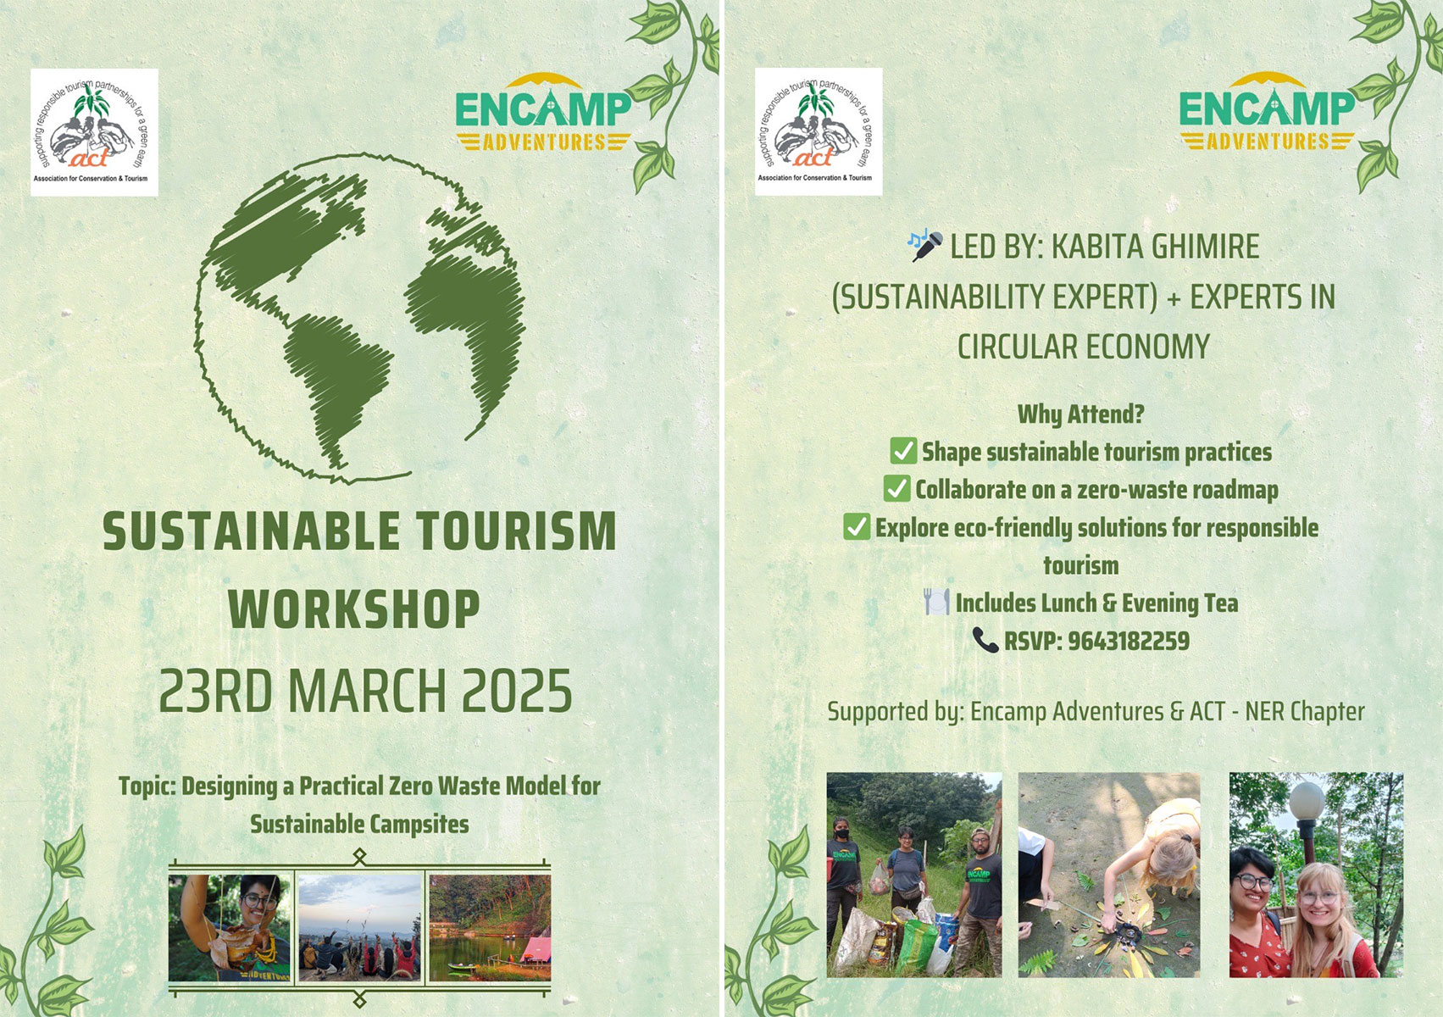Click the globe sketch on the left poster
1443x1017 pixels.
point(360,318)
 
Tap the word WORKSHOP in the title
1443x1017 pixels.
point(354,609)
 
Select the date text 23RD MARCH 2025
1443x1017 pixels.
point(365,691)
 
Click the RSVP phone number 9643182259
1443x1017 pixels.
point(1128,641)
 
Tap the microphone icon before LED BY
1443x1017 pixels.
point(925,244)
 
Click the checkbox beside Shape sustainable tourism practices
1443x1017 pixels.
point(903,451)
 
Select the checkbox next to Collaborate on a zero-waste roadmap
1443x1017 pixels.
point(896,489)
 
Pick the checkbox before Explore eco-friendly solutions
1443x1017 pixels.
point(857,527)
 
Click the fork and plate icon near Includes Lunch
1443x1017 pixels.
point(935,602)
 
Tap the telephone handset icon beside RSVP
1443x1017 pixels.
point(985,640)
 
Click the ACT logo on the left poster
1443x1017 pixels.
point(94,132)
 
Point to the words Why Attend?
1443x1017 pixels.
point(1080,414)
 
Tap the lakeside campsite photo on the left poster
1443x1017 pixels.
point(490,928)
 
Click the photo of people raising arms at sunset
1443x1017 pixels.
point(360,928)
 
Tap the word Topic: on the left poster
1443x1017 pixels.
point(147,786)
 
